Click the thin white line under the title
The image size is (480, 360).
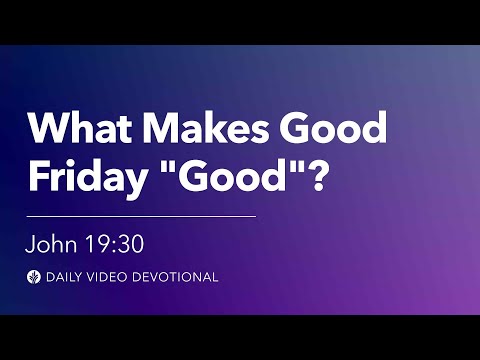click(x=140, y=215)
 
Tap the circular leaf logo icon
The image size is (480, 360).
click(x=34, y=277)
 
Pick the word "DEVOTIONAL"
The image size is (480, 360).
click(x=176, y=277)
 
